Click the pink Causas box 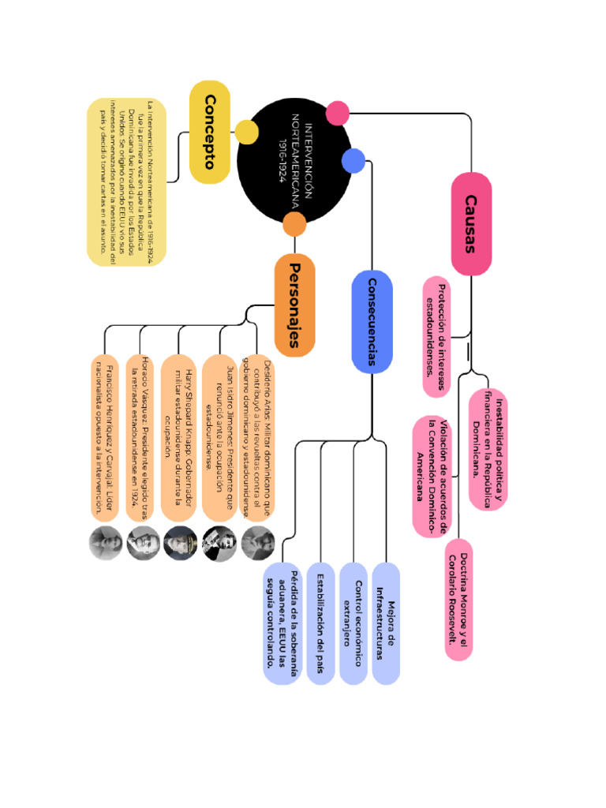pos(471,224)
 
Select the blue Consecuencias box pos(372,321)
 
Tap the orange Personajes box pos(294,305)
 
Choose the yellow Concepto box pos(210,132)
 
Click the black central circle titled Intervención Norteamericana pos(294,161)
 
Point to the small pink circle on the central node pos(338,113)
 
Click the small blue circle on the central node pos(353,161)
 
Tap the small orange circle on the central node pos(294,225)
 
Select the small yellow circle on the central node pos(246,132)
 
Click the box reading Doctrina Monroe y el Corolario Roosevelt pos(458,599)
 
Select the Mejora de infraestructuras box pos(385,623)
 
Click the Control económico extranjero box pos(353,623)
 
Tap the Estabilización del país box pos(320,623)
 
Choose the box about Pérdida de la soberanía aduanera pos(282,623)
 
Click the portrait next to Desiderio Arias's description pos(257,544)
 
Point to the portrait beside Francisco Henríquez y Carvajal pos(104,544)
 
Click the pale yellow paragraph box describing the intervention pos(126,181)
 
